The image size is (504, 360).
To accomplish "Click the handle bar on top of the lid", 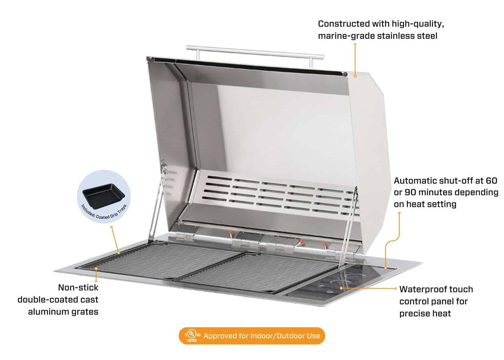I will coord(255,51).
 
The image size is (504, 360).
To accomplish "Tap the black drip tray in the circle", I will coord(104,195).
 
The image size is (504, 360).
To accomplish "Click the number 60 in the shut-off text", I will coord(491,181).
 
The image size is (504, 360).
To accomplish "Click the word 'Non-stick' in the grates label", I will coord(78,288).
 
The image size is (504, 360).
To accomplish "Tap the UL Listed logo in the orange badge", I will coord(192,336).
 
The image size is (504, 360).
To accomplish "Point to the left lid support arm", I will coord(156,206).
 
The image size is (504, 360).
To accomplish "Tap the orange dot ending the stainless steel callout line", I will coord(355,76).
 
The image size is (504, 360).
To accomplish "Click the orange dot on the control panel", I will coord(341,288).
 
